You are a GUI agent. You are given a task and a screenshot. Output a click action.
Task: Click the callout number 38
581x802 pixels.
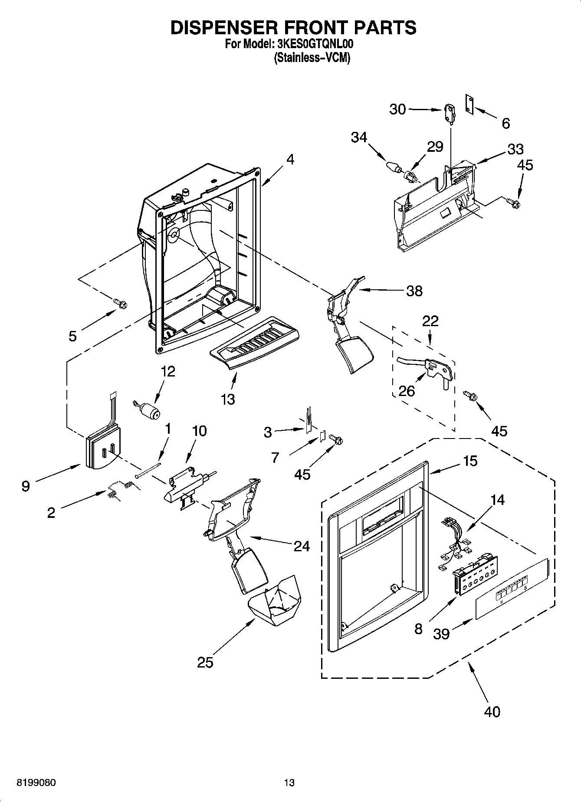pyautogui.click(x=414, y=291)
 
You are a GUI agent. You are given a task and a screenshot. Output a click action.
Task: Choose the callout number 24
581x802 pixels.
pyautogui.click(x=302, y=546)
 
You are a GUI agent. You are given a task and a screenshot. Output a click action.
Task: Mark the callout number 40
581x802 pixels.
pyautogui.click(x=492, y=711)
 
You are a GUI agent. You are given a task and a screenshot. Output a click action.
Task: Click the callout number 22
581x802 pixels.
pyautogui.click(x=430, y=321)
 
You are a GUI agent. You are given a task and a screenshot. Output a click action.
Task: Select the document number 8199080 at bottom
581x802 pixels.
pyautogui.click(x=36, y=782)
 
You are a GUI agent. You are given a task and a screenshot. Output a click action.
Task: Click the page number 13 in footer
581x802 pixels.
pyautogui.click(x=289, y=782)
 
